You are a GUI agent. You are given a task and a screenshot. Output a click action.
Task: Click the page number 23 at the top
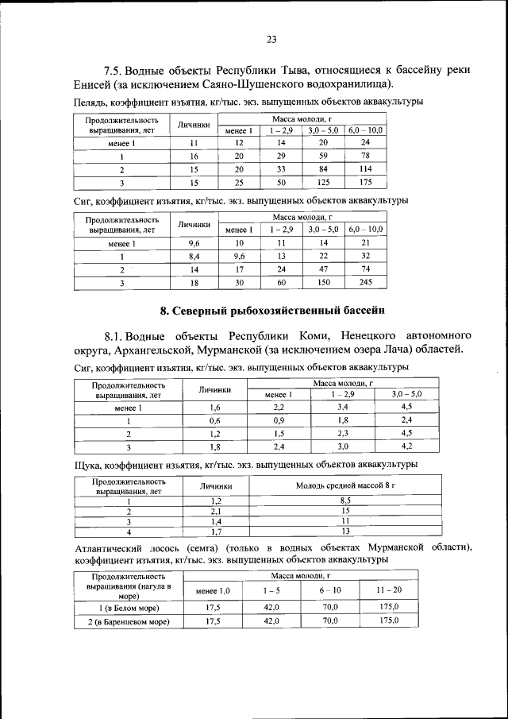coord(270,40)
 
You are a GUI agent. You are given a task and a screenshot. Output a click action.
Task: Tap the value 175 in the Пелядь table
coord(365,182)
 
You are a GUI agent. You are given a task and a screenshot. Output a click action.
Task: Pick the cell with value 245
coord(365,281)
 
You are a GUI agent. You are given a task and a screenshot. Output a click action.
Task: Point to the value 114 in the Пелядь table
coord(365,169)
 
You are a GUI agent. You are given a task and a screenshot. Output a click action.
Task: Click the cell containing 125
coord(323,182)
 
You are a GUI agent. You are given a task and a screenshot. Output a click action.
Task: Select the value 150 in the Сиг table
coord(323,281)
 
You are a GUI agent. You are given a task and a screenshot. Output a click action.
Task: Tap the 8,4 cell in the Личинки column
coord(194,256)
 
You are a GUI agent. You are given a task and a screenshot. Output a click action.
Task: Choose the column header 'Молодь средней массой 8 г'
coord(345,485)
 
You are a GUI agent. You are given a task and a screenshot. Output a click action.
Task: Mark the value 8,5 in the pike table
coord(345,501)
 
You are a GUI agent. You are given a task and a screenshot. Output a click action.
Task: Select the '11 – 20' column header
coord(389,590)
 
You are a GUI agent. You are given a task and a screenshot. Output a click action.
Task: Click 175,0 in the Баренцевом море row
coord(389,620)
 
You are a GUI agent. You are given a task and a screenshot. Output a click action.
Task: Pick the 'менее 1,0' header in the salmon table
coord(213,590)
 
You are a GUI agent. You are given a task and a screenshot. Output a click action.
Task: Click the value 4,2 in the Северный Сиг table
coord(406,447)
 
